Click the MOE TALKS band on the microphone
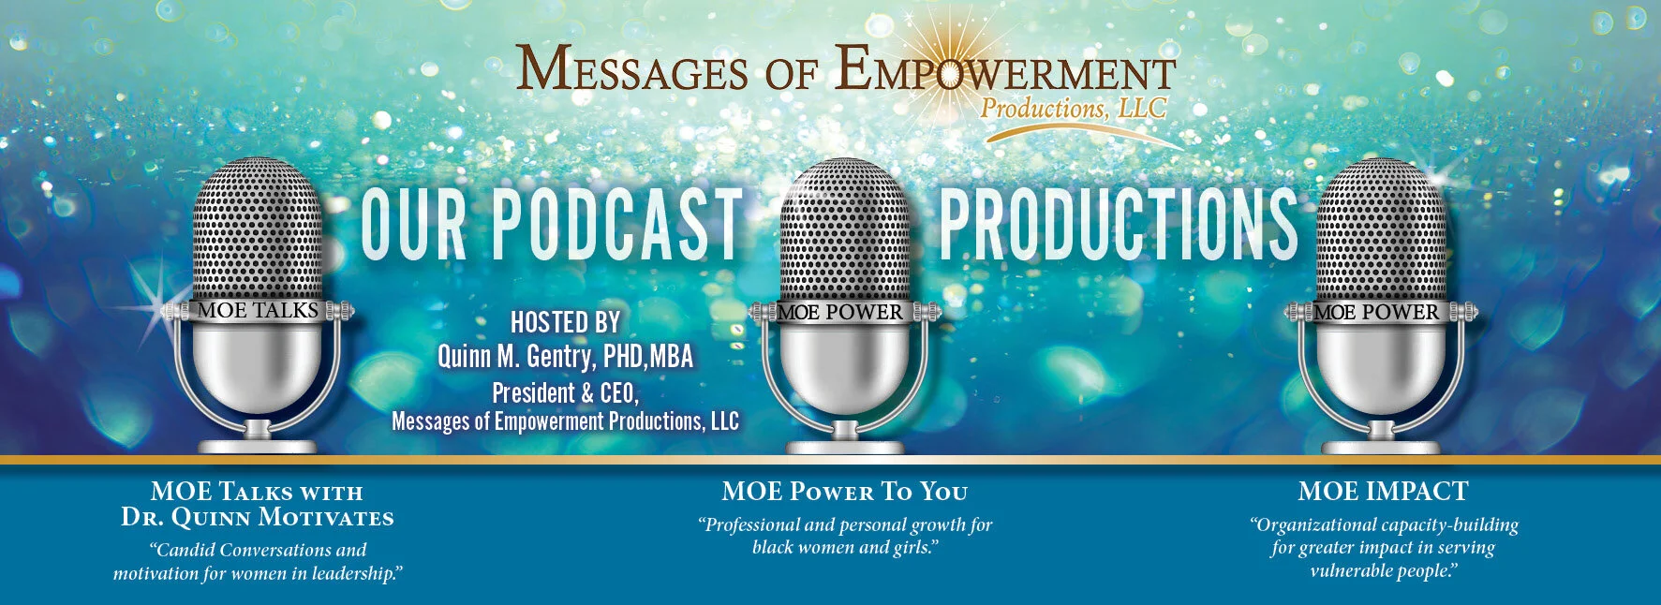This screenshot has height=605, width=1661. (258, 311)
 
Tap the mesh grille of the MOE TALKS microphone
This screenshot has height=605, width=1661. (257, 229)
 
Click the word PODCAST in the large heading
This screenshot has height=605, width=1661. (617, 225)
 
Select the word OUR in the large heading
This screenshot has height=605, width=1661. (413, 225)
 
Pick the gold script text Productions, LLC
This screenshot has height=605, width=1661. (1073, 109)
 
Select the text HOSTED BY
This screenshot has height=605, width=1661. (565, 323)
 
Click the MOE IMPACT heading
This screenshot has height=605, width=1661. (1383, 491)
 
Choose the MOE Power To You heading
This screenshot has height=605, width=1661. (844, 491)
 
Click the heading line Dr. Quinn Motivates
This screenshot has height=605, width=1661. (258, 517)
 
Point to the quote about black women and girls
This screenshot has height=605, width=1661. (844, 536)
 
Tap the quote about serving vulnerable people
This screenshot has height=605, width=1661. (1383, 548)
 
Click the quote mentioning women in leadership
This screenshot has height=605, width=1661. (258, 562)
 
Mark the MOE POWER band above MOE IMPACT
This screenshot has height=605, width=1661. (1375, 312)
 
